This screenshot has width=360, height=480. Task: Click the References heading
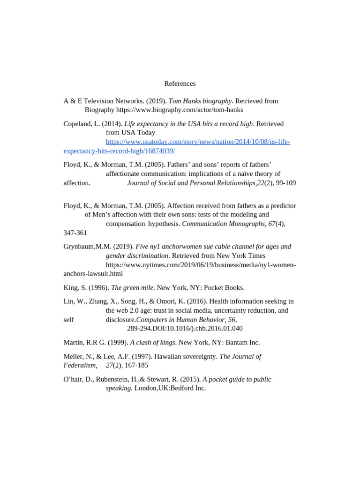180,83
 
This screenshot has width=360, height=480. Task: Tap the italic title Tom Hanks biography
200,101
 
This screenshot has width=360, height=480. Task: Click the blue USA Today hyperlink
198,142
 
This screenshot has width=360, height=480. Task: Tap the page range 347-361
75,232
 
